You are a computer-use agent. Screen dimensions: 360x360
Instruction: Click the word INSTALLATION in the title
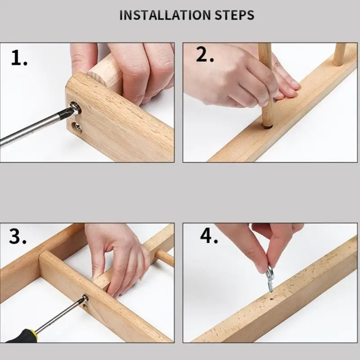[165, 15]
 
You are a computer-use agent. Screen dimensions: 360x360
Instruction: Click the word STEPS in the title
[234, 15]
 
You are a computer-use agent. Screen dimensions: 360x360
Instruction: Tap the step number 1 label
[19, 58]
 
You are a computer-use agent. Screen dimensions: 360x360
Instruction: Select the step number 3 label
[18, 236]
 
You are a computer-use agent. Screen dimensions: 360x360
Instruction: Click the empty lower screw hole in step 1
[76, 128]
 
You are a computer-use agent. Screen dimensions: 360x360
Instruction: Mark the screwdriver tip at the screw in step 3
[84, 298]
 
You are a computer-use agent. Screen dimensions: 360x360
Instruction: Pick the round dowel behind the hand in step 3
[165, 257]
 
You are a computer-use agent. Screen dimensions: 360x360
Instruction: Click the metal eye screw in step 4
[269, 278]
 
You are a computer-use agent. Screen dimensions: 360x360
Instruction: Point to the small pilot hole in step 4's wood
[272, 299]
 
